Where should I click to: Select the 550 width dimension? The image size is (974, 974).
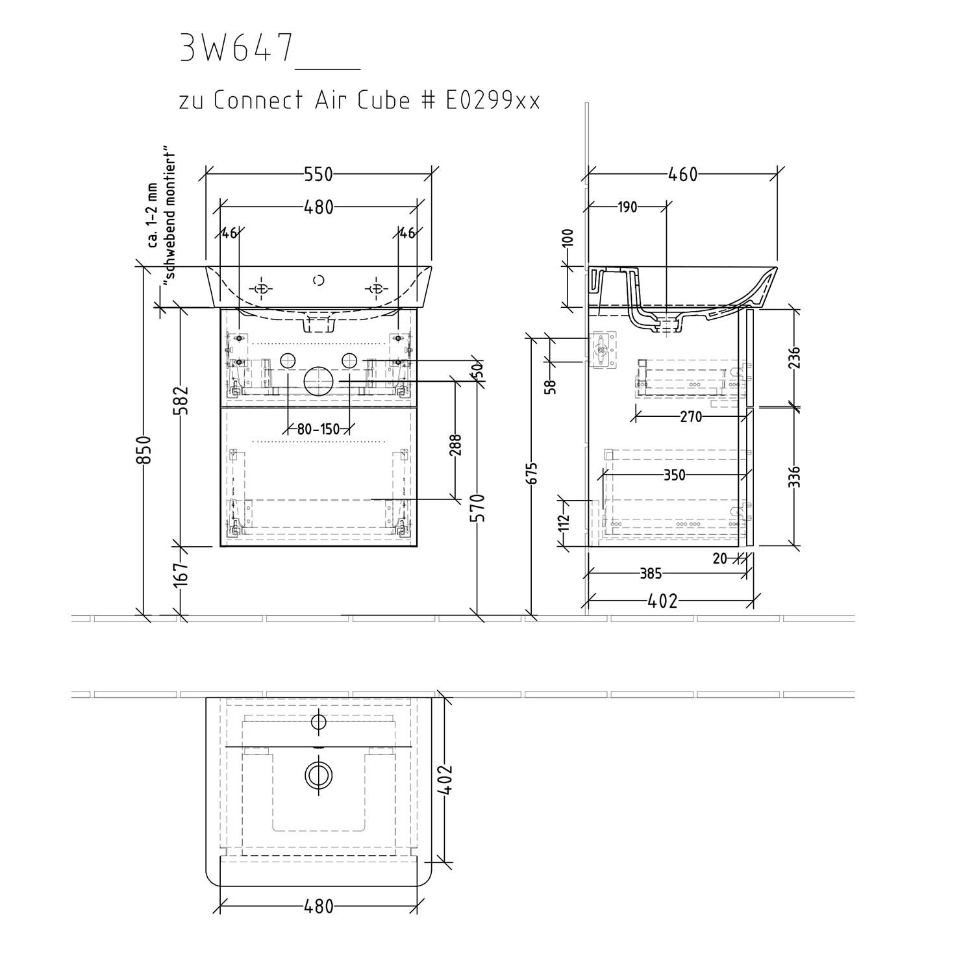coord(318,175)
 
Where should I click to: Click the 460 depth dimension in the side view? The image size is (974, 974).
coord(682,175)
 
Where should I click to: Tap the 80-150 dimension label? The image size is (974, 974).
coord(319,429)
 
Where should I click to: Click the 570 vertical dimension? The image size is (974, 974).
coord(477,509)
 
